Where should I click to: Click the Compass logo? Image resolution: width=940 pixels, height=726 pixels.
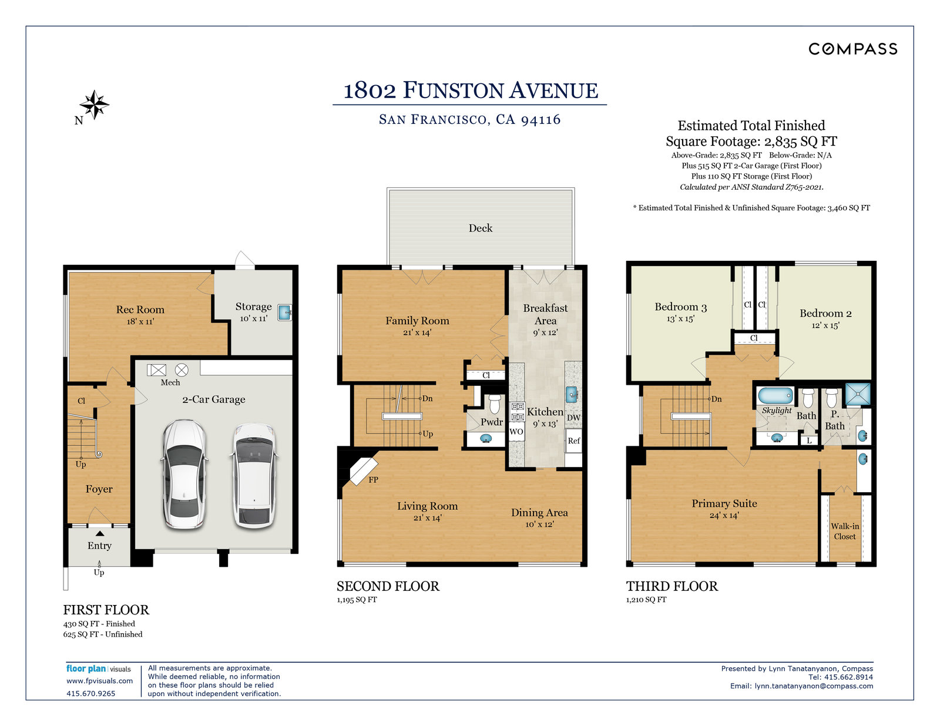tap(852, 49)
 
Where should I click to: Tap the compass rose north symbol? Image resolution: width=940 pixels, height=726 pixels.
tap(95, 105)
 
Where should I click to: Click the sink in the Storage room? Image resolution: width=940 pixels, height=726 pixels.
tap(284, 312)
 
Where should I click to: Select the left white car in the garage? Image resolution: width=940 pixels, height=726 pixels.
tap(184, 474)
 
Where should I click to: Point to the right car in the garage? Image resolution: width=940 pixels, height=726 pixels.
tap(254, 476)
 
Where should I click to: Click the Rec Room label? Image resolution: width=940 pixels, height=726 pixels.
tap(140, 310)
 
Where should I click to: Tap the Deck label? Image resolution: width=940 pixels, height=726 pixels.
tap(480, 228)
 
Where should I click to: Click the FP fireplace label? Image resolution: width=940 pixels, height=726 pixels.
tap(373, 479)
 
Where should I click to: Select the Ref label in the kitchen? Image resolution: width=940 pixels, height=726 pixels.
tap(573, 441)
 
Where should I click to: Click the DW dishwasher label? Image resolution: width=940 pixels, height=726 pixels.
tap(573, 418)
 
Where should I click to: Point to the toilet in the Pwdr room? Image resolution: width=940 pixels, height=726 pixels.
tap(495, 403)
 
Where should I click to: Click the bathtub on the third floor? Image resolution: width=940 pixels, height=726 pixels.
tap(776, 396)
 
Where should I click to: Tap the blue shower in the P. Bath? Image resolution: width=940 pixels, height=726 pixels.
tap(857, 394)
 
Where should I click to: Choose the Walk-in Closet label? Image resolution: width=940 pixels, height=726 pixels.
tap(844, 531)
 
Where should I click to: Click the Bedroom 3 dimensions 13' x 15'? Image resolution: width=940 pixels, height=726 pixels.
tap(680, 319)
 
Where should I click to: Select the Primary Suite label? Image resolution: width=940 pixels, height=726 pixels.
tap(724, 503)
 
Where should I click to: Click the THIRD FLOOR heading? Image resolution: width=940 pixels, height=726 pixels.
tap(672, 586)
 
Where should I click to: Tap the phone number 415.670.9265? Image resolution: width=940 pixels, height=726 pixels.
tap(91, 694)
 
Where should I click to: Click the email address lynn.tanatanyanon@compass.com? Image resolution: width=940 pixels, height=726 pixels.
tap(814, 686)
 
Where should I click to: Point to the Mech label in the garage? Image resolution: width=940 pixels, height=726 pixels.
tap(170, 382)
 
